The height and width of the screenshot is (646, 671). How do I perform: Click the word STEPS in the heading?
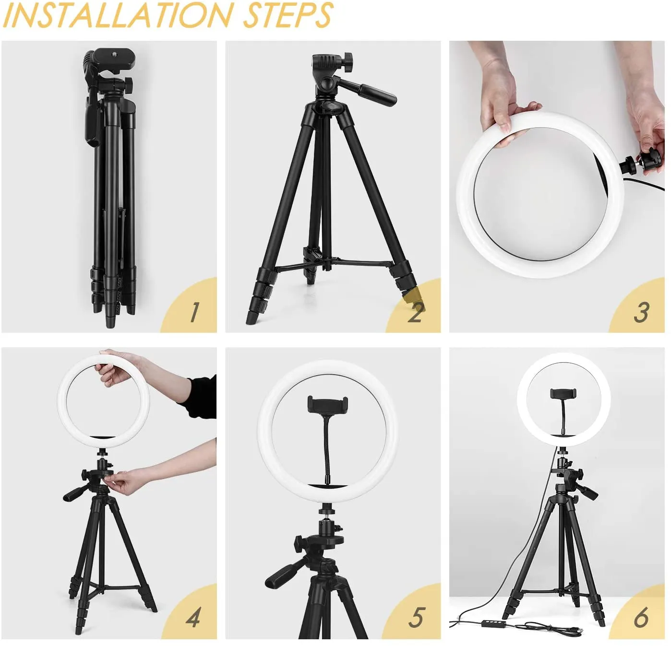click(288, 15)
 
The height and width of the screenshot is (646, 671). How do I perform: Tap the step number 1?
click(194, 312)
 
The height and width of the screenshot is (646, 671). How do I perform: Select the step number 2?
click(415, 312)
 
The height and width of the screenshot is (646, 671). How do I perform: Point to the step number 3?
click(641, 312)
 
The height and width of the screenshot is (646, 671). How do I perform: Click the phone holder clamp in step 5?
click(327, 404)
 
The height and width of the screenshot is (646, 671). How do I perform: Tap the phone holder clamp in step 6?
click(563, 393)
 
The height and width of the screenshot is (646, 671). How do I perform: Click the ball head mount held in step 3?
click(644, 161)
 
